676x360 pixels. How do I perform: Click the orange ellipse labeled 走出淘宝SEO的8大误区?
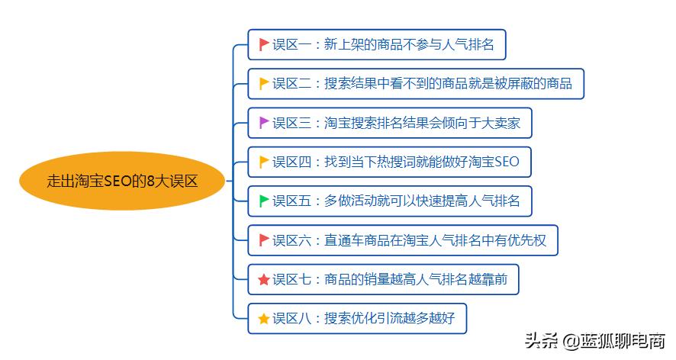(x=122, y=181)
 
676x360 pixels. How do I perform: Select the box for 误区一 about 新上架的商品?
(x=377, y=44)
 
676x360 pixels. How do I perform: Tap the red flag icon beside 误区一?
(x=264, y=44)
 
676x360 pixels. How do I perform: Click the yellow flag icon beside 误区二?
(x=264, y=83)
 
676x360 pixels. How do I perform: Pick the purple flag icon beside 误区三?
(x=264, y=122)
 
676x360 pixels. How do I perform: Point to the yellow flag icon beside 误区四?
(x=264, y=162)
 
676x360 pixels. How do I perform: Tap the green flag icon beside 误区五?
(x=264, y=201)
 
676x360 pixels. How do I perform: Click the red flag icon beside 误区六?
(x=264, y=240)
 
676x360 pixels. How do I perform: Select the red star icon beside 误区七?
(x=264, y=280)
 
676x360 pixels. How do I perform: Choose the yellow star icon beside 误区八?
(x=264, y=319)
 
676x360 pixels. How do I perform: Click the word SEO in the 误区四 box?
(x=507, y=162)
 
